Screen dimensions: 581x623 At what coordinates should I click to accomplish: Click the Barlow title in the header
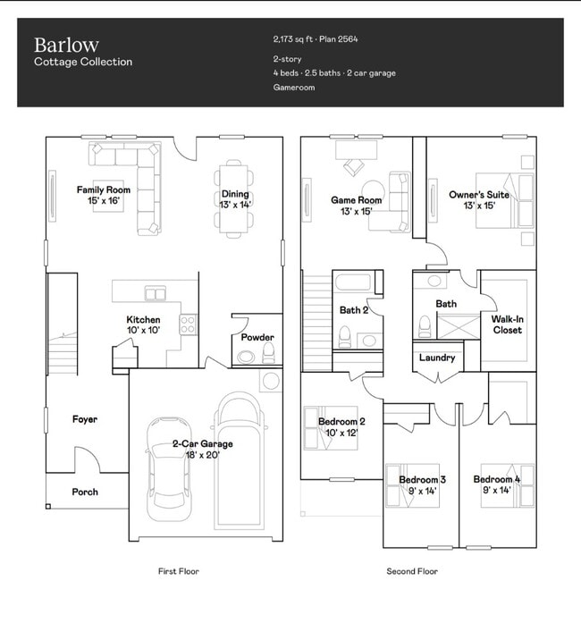coord(66,45)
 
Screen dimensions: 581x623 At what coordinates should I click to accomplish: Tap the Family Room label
coord(104,189)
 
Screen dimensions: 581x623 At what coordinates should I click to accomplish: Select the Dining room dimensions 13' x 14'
coord(235,205)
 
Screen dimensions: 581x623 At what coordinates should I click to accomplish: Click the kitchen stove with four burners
coord(188,324)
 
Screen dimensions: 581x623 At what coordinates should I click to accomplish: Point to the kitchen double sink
coord(156,293)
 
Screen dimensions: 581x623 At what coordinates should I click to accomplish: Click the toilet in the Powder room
coord(269,352)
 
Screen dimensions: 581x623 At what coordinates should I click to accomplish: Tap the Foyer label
coord(85,419)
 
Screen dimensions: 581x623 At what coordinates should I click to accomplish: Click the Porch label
coord(85,492)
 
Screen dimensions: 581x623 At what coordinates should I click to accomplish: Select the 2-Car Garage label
coord(202,444)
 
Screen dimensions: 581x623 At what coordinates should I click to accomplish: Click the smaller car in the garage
coord(169,469)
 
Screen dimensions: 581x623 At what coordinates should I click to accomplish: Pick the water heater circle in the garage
coord(271,381)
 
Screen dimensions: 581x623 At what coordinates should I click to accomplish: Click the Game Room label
coord(356,200)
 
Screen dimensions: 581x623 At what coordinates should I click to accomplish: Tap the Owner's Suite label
coord(479,195)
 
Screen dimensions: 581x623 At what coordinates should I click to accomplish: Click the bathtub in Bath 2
coord(353,282)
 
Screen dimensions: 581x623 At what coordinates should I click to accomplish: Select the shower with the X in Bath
coord(459,326)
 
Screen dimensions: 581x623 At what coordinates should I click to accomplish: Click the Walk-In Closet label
coord(508,324)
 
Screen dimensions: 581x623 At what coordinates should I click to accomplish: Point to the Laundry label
coord(437,358)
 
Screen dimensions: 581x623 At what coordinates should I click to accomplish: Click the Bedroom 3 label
coord(422,480)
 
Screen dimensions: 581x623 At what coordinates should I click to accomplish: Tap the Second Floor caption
coord(412,571)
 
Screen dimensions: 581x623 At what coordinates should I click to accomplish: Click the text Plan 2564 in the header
coord(339,39)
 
